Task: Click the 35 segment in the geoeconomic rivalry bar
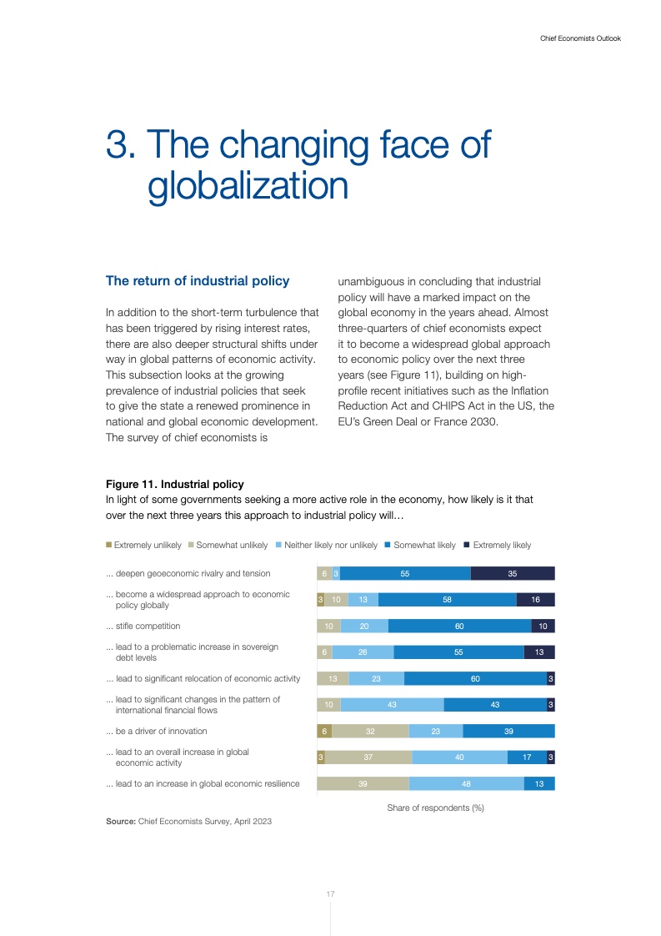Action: click(513, 573)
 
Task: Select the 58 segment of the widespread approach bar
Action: click(448, 600)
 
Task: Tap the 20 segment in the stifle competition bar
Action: click(364, 626)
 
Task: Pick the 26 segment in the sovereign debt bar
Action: click(363, 652)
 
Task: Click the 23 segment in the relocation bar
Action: click(376, 678)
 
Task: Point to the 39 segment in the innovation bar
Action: click(508, 731)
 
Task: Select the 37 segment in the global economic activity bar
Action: click(368, 757)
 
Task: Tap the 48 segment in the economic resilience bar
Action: click(466, 783)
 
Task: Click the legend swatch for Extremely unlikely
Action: click(108, 545)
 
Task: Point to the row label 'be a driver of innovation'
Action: click(156, 731)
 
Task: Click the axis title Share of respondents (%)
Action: click(435, 808)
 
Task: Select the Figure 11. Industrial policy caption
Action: click(174, 484)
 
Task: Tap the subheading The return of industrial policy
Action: click(198, 281)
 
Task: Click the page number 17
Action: click(330, 894)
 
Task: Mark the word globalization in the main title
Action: click(248, 185)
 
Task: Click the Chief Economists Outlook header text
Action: click(575, 38)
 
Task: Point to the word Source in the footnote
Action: click(120, 822)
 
